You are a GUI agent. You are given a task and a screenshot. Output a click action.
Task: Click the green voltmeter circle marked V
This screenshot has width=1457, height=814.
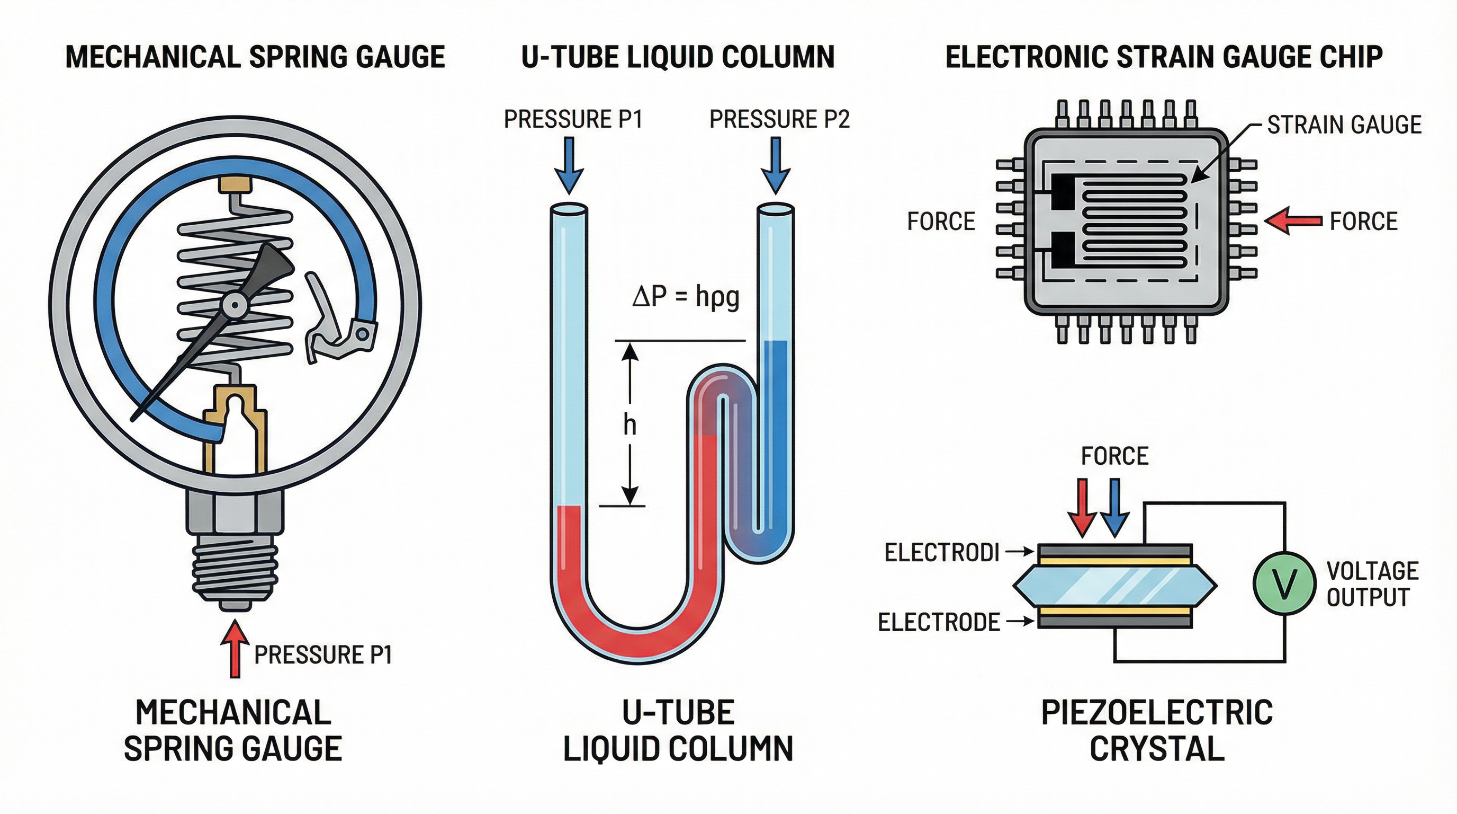point(1284,583)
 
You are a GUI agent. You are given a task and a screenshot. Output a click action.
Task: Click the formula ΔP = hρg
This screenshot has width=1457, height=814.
point(686,297)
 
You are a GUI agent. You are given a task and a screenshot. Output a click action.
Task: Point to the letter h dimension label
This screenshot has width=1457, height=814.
point(629,424)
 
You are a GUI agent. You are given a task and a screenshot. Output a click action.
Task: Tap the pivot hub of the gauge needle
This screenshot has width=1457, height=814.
point(233,306)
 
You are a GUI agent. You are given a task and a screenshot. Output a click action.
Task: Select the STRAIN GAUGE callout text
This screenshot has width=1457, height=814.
point(1343,125)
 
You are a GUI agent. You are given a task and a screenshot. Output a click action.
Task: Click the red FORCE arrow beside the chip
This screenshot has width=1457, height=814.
point(1293,221)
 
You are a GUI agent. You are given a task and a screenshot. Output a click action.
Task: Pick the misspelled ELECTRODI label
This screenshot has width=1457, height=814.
point(942,553)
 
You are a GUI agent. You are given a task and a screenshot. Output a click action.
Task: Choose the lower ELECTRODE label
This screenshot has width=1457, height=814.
point(938,622)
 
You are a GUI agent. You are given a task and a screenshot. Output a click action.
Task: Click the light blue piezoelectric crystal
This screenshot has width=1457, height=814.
point(1114,586)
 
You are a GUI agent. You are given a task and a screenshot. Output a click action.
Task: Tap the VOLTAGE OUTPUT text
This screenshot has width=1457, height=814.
point(1371,583)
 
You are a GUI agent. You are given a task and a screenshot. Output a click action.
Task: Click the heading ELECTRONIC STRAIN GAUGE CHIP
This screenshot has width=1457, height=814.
point(1164,57)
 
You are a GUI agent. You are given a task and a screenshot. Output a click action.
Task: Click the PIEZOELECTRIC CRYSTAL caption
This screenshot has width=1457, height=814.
point(1157,730)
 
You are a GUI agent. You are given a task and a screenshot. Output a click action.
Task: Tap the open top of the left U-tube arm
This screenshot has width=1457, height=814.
point(569,210)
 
